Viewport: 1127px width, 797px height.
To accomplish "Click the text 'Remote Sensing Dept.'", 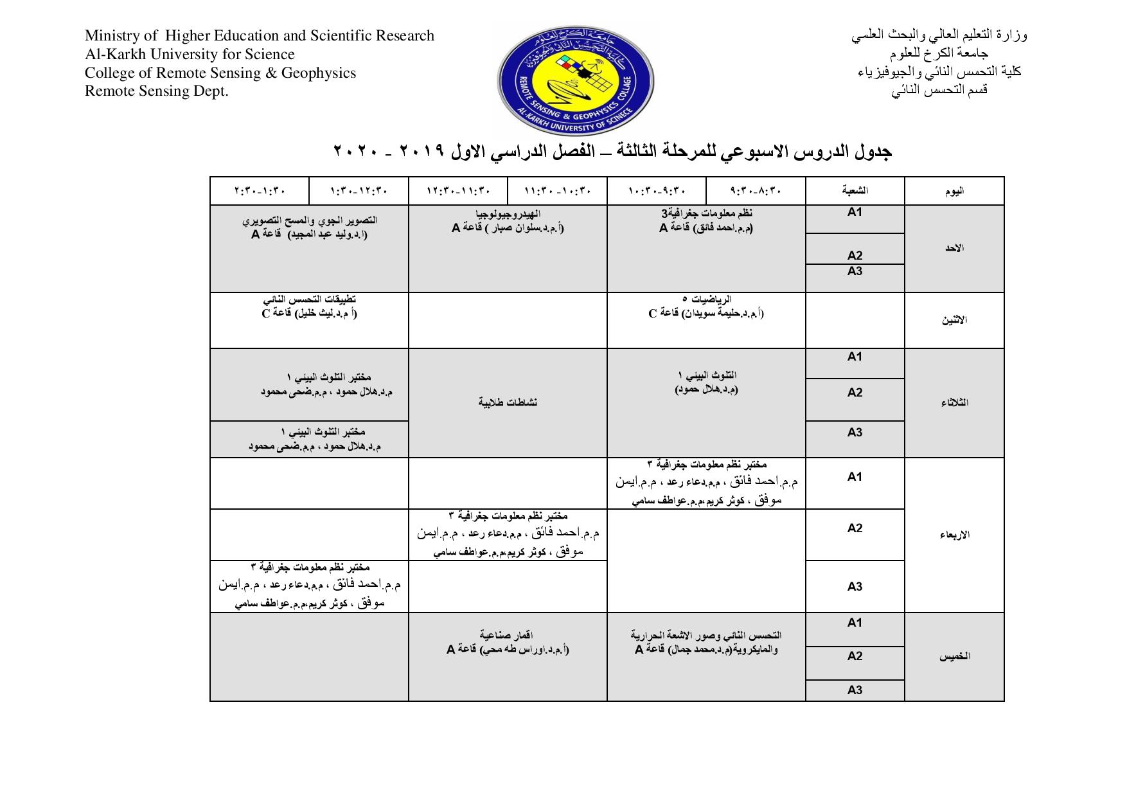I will point(157,91).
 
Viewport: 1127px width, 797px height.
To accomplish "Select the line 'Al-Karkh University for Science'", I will point(190,54).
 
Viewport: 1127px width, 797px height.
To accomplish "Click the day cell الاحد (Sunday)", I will point(954,248).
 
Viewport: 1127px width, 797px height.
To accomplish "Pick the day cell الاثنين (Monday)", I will point(954,320).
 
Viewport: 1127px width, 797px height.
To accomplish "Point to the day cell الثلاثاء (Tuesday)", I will point(954,403).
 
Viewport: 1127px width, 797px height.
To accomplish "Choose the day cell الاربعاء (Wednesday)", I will point(954,535).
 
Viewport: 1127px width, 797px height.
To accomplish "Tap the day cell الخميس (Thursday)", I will point(954,656).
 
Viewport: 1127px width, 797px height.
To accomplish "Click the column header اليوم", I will point(954,191).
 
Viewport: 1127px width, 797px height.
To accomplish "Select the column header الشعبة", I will point(855,191).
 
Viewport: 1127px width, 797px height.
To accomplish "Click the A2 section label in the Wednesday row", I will point(855,528).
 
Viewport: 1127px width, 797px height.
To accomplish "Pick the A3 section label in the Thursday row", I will point(855,690).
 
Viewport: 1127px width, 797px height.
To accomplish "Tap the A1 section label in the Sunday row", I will point(855,213).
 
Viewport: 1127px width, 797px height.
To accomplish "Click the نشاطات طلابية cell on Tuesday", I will point(508,402).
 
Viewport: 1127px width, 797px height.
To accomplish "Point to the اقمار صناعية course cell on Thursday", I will point(508,642).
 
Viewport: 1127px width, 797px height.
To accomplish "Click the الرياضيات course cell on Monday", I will point(706,307).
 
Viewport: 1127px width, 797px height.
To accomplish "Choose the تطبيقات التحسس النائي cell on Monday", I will point(309,307).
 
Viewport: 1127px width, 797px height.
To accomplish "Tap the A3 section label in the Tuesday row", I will point(855,433).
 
